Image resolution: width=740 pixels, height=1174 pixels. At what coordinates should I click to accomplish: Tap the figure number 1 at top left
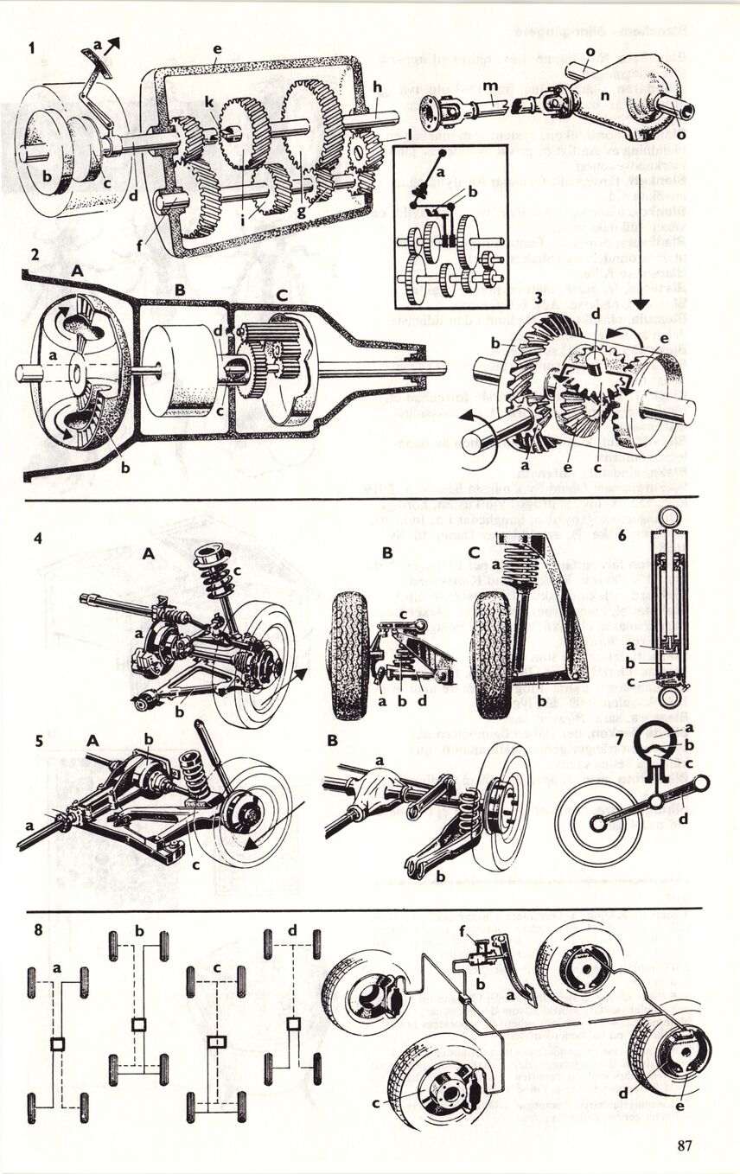pyautogui.click(x=32, y=48)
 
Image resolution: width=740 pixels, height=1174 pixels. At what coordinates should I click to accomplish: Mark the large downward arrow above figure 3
pyautogui.click(x=641, y=305)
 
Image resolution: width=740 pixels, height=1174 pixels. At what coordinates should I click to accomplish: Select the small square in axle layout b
pyautogui.click(x=137, y=1025)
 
